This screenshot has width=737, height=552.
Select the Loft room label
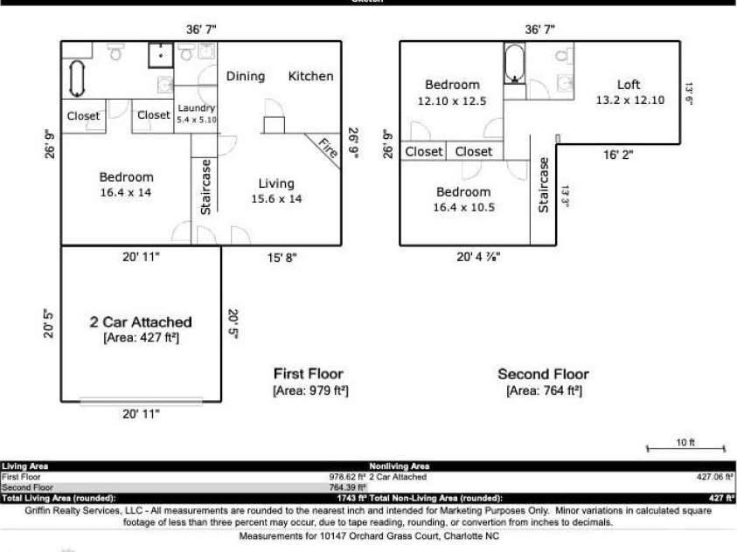pos(629,85)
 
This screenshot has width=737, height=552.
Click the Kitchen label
pos(310,76)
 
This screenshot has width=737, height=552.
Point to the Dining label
pos(246,76)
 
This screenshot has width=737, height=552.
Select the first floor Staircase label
pos(205,186)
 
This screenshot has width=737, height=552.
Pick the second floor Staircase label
pos(543,184)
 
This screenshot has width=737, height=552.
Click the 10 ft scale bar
pos(685,447)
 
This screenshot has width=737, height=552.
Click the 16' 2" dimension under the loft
pos(618,155)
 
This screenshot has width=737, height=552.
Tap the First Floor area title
pos(309,374)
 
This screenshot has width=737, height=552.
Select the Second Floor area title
pos(543,374)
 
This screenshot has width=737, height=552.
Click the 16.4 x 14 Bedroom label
pos(126,184)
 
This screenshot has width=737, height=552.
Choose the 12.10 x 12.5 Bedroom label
pos(452,93)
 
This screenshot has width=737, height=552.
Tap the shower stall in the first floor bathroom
pos(160,54)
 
